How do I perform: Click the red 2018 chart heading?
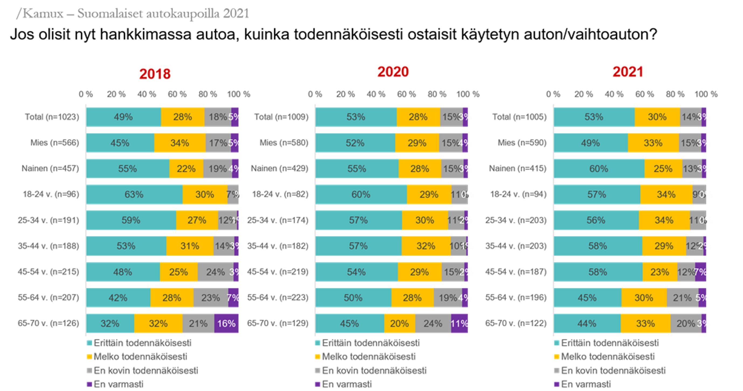click(155, 74)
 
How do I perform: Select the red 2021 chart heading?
click(628, 72)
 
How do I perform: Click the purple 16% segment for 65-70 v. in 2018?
click(226, 323)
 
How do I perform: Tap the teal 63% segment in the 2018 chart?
click(134, 194)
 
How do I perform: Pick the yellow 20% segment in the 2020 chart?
click(400, 323)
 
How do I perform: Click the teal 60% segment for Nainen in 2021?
click(599, 169)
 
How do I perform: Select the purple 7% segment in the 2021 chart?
click(700, 272)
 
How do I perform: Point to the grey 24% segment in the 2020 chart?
click(433, 323)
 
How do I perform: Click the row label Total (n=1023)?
click(52, 117)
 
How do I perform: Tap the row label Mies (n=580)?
click(284, 143)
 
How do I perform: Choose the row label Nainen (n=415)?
click(518, 168)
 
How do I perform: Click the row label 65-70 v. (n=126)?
click(48, 323)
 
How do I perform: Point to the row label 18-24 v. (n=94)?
click(518, 194)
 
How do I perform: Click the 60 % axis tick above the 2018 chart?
click(177, 94)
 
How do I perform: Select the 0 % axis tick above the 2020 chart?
click(315, 94)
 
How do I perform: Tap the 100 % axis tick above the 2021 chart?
click(706, 94)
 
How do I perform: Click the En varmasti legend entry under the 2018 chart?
click(118, 384)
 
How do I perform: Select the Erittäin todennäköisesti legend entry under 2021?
click(610, 343)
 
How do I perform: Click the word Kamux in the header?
click(43, 13)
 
